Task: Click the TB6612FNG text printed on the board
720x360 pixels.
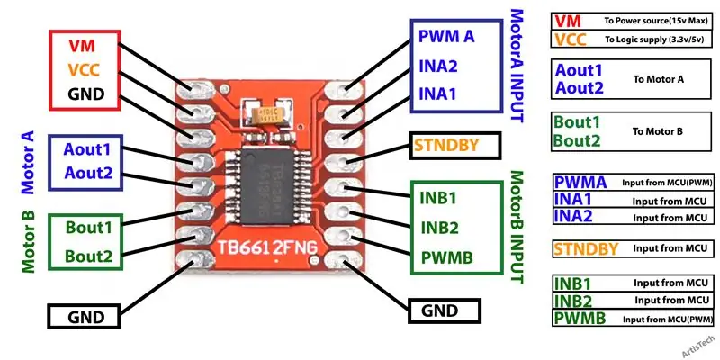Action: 267,248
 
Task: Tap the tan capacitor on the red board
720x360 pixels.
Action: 272,113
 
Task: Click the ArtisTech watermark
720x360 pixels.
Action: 698,346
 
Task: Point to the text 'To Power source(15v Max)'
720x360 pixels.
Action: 655,21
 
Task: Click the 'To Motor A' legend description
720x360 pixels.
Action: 659,79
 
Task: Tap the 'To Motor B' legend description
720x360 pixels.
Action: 658,131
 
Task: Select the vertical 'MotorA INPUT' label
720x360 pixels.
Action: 517,66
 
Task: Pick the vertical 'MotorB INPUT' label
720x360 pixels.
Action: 517,227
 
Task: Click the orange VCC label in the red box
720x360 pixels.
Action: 84,70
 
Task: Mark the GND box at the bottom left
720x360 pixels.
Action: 84,317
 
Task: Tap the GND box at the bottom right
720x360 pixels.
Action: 445,310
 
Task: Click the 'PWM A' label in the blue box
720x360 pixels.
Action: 445,36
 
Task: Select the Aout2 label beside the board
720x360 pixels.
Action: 88,173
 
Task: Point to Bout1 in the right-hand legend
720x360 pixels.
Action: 578,122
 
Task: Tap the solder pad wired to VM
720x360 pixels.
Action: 195,90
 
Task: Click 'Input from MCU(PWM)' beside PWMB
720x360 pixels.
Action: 668,319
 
